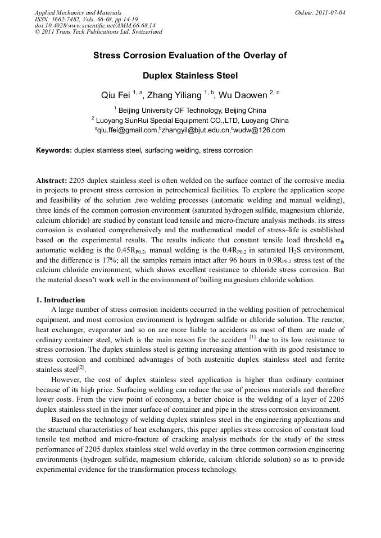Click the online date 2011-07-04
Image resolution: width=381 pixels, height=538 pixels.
(332, 12)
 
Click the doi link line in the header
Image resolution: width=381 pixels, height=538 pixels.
(95, 25)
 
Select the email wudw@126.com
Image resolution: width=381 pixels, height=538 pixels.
(260, 130)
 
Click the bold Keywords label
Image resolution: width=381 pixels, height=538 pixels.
(54, 150)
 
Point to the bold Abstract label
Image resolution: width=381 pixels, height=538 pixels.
(51, 181)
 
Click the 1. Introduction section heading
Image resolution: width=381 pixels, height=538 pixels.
(61, 300)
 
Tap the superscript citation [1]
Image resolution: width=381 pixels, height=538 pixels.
(252, 337)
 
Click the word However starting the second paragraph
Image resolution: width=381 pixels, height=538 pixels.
(67, 380)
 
